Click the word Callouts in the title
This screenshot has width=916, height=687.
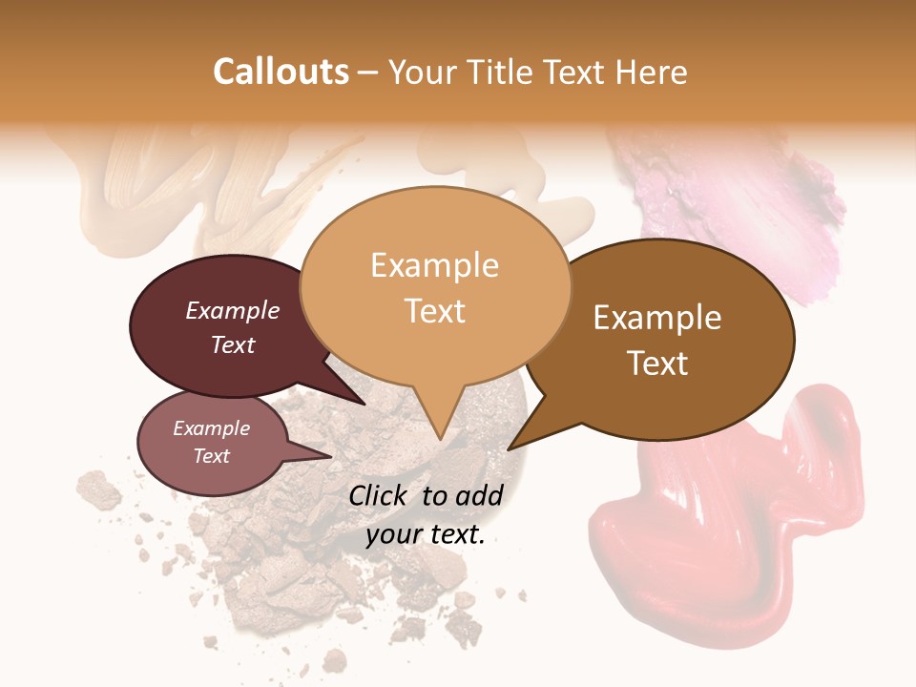[281, 72]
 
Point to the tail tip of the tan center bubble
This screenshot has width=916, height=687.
[440, 438]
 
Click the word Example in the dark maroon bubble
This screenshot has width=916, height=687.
[232, 310]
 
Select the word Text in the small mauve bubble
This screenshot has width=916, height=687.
[211, 456]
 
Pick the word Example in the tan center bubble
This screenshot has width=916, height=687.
[434, 265]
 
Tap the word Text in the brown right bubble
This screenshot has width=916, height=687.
[657, 364]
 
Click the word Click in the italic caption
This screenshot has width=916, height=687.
[381, 495]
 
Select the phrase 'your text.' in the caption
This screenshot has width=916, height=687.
[425, 534]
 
